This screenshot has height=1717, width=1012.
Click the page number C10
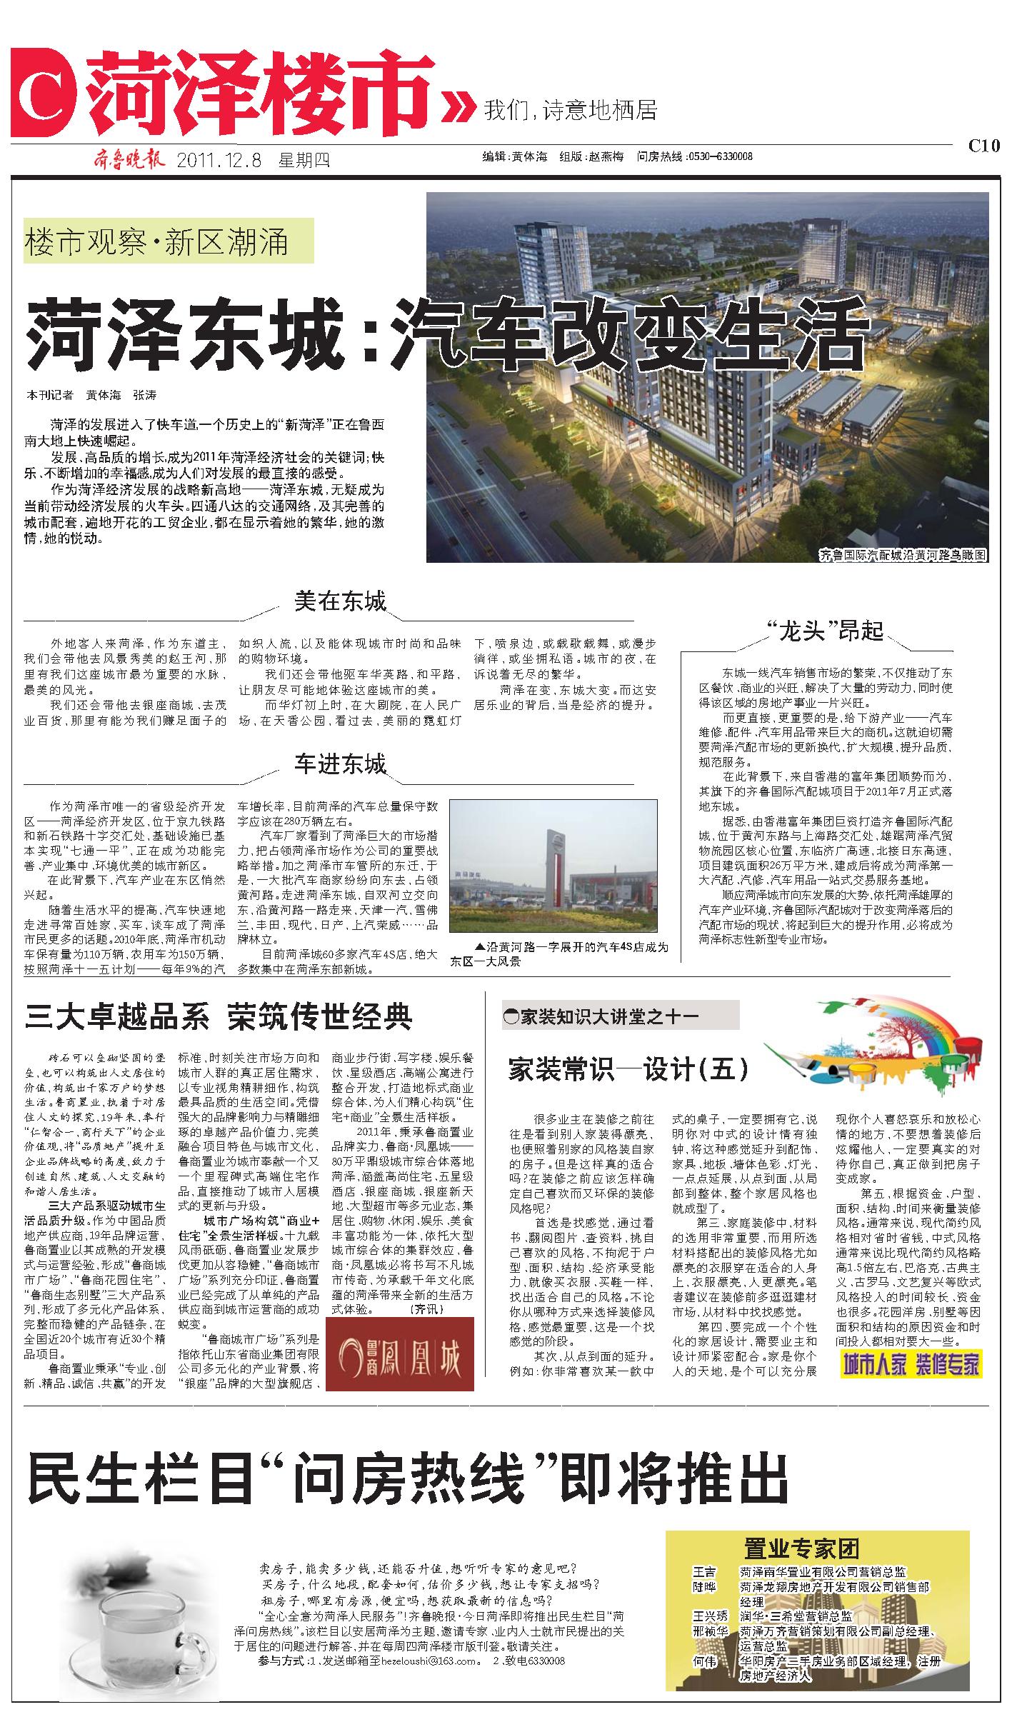click(x=983, y=146)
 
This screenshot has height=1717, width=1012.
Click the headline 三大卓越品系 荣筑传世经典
click(x=219, y=1016)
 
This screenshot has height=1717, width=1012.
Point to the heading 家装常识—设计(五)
click(x=628, y=1069)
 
